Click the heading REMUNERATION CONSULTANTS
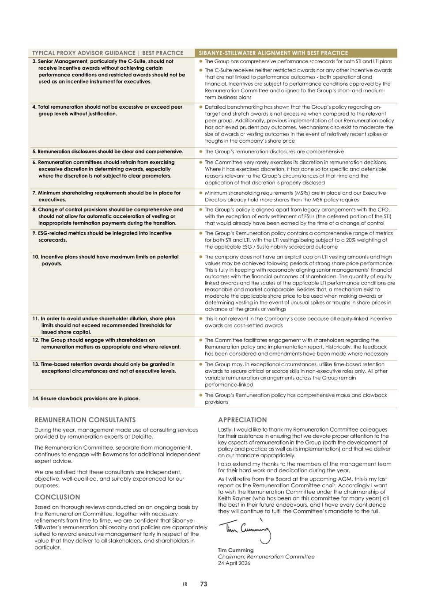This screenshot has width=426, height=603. point(85,420)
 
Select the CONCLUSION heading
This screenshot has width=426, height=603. point(57,497)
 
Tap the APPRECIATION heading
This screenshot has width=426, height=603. point(242,420)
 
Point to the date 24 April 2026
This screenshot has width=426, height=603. point(234,563)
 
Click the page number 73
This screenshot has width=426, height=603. point(204,584)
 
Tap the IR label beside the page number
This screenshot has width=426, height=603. point(185,584)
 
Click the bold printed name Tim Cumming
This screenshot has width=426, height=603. point(236,550)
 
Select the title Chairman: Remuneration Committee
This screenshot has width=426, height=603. point(266,557)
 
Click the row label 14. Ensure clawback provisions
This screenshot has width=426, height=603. point(86,398)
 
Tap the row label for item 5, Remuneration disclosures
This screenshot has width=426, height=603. point(108,152)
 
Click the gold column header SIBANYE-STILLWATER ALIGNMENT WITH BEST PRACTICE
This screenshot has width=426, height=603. point(274,53)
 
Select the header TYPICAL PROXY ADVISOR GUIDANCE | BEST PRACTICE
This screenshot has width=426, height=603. point(107,53)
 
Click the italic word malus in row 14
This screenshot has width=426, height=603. point(343,395)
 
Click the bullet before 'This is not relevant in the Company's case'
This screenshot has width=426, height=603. point(201,319)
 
